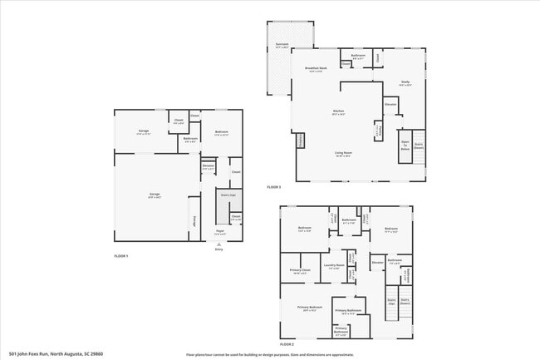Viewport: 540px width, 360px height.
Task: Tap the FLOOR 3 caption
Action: (273, 186)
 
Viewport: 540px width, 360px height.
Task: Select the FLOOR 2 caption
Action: (287, 343)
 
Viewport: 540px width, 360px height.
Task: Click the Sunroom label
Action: (282, 47)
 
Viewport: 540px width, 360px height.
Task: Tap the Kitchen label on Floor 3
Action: (339, 111)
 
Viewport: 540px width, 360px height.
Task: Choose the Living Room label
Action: (343, 154)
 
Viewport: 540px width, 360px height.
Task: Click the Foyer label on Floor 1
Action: (220, 233)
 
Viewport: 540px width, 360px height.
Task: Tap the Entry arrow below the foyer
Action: (219, 247)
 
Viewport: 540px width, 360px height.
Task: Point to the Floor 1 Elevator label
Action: (207, 166)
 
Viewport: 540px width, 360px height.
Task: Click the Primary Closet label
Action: (299, 270)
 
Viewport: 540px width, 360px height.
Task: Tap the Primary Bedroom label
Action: (309, 308)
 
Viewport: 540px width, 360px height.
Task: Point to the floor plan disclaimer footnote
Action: (269, 353)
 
